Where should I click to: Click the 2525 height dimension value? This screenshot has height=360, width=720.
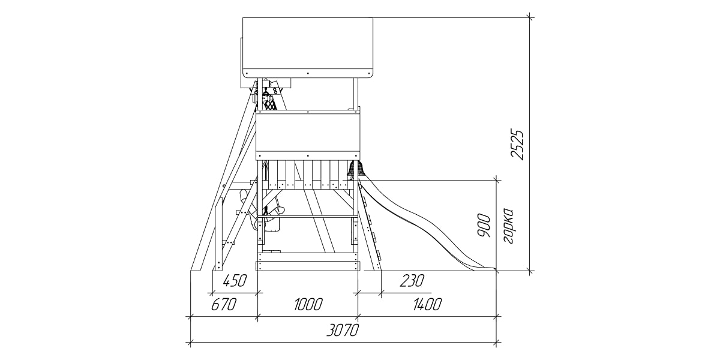517,145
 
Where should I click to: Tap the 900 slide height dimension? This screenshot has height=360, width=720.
484,226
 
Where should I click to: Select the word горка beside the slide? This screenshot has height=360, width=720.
508,226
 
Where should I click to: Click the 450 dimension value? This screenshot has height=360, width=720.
235,281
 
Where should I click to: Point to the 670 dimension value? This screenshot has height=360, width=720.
224,304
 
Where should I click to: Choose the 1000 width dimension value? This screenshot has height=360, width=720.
308,304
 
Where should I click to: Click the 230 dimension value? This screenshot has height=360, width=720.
412,281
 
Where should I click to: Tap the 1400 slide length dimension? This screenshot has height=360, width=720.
427,304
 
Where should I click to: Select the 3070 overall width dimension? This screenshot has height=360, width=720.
343,330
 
